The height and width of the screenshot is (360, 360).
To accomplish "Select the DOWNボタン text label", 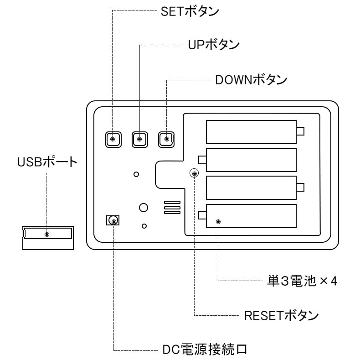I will coord(251,80).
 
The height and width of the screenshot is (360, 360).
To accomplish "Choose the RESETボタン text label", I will coord(281,315).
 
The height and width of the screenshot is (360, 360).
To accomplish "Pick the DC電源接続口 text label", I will coord(205,350).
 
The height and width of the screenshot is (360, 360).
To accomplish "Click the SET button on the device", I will coord(113,139).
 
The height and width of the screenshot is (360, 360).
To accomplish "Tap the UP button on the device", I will coord(139,139).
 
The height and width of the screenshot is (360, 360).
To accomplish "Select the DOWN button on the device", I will coord(166,139).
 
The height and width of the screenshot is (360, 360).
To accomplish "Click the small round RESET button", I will coord(194,173).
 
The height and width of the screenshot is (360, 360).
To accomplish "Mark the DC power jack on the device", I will coord(113,220).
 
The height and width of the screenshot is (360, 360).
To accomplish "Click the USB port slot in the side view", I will coord(47,234).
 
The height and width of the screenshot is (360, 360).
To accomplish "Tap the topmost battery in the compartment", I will coord(251,131).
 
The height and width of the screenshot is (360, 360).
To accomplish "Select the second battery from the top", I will coord(251,159).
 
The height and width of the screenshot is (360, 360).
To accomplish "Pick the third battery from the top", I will coord(251,187).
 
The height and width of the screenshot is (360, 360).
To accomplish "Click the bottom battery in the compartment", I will coord(251,215).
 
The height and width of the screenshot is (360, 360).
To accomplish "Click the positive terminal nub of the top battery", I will coord(300,131).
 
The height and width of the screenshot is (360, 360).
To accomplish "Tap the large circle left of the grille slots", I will coord(144,207).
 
